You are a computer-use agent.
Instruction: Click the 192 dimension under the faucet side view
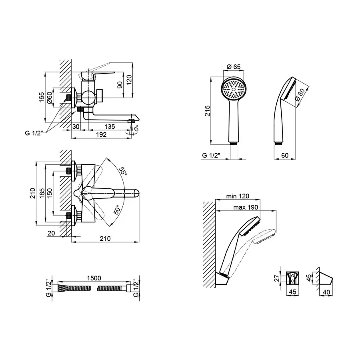(101, 135)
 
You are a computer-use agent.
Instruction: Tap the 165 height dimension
(42, 98)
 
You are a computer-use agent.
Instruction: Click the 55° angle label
(123, 172)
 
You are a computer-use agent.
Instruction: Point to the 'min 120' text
(238, 196)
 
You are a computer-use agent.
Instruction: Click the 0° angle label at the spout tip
(136, 128)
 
